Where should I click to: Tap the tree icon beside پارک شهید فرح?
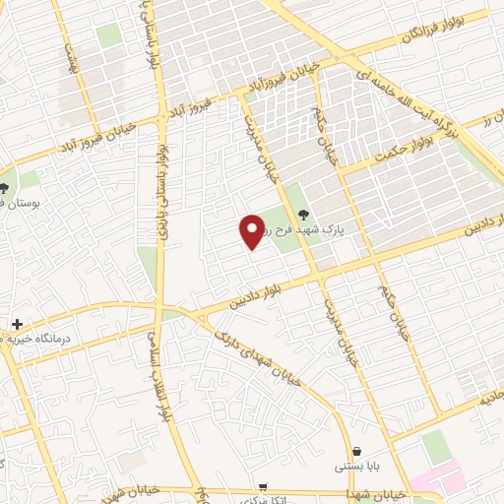pyautogui.click(x=302, y=216)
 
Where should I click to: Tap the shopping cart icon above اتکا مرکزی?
pyautogui.click(x=263, y=486)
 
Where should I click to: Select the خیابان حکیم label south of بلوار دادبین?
pyautogui.click(x=392, y=310)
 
